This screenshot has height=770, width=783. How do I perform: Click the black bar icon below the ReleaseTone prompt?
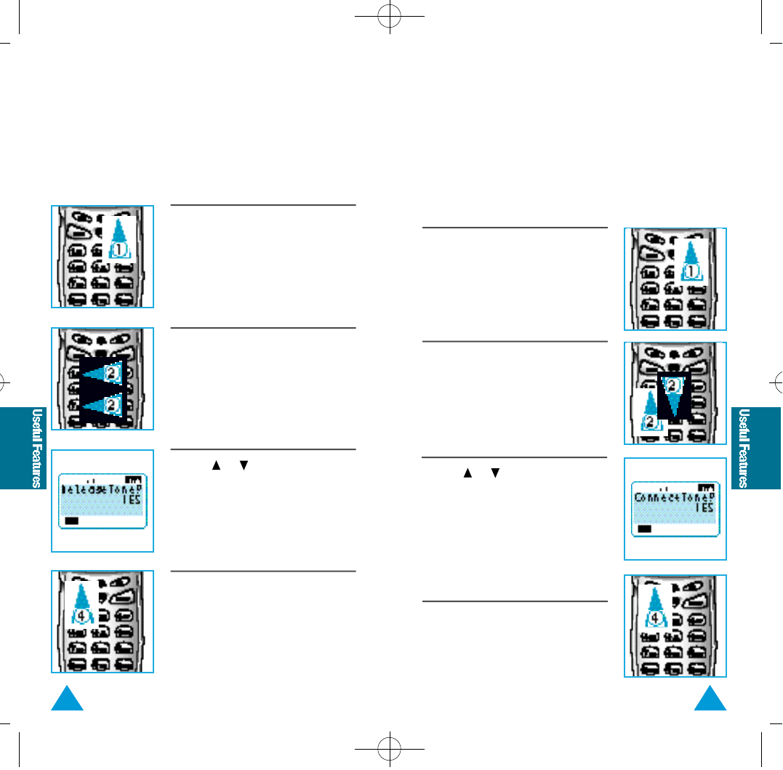71,521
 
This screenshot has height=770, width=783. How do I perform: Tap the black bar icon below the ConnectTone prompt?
644,529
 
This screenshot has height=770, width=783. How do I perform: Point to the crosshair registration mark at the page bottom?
390,747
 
